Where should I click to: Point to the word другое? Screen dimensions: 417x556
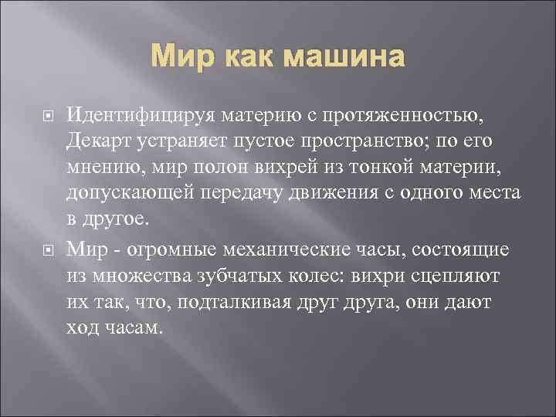point(114,218)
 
